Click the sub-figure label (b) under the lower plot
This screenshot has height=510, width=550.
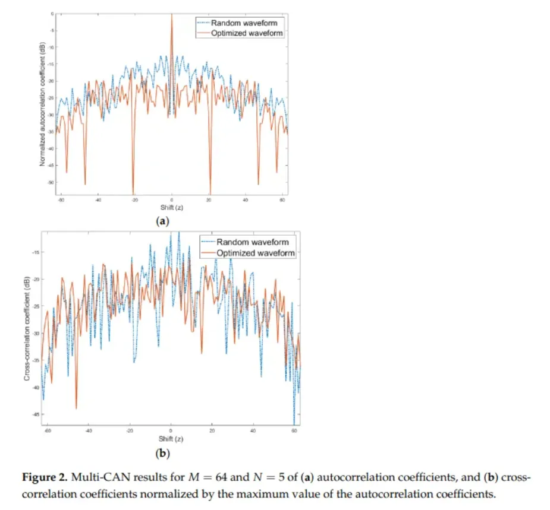(162, 454)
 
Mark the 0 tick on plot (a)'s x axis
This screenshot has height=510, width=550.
(172, 200)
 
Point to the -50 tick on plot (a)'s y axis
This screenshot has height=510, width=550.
(52, 182)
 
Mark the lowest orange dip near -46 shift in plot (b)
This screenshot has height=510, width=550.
(76, 407)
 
